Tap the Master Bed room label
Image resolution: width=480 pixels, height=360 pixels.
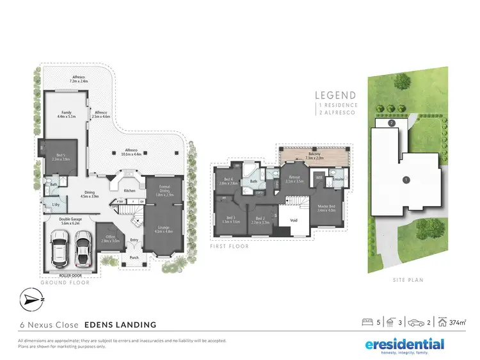pos(327,207)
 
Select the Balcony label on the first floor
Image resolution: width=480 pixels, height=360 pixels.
pos(315,156)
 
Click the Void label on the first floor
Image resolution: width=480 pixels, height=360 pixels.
pos(294,221)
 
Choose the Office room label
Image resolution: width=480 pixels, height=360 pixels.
pos(111,240)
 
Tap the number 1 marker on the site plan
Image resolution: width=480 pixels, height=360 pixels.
pos(405,180)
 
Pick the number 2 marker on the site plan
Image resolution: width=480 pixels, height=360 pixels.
pos(390,122)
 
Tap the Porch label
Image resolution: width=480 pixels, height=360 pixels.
pos(134,258)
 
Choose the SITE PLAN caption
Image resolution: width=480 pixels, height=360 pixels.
pos(409,279)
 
